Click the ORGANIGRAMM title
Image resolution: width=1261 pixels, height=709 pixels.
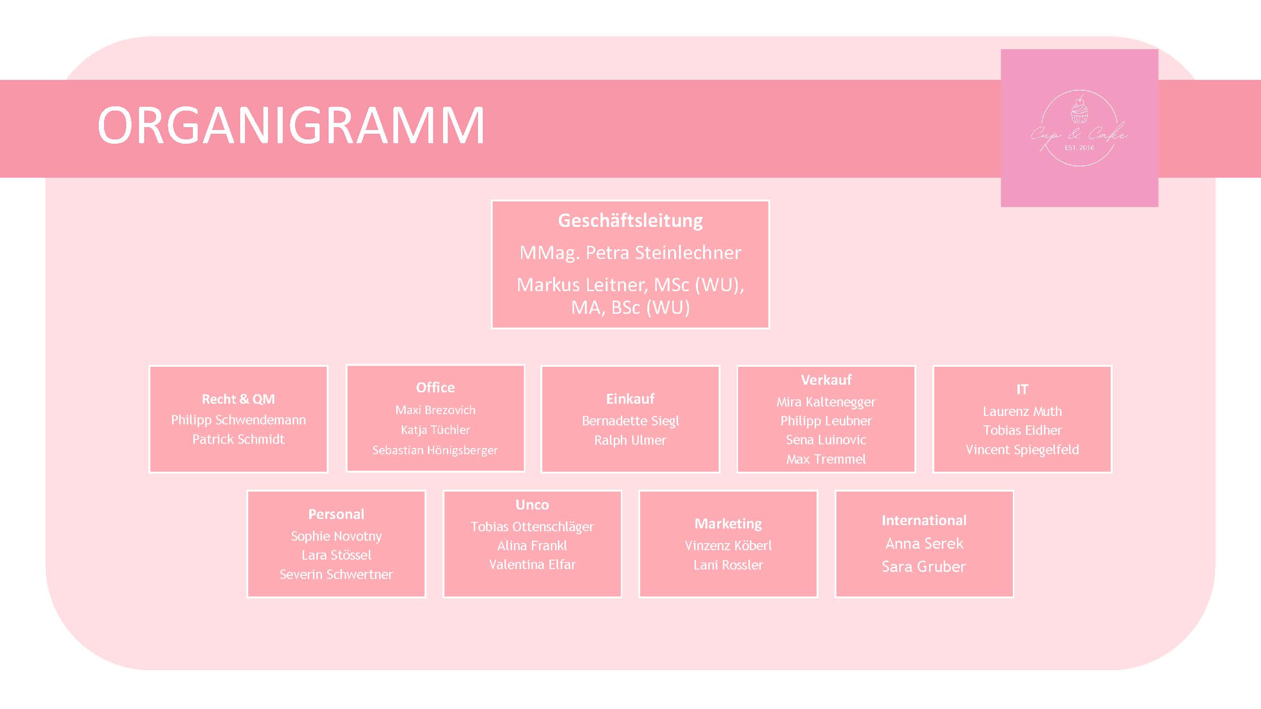click(291, 126)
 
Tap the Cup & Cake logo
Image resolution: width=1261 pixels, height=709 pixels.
click(1079, 128)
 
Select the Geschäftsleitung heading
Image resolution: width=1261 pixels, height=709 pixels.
click(630, 221)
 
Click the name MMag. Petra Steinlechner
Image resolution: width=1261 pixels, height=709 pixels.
click(630, 253)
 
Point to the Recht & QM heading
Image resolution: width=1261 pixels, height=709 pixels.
click(238, 399)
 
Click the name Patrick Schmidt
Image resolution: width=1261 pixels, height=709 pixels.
click(238, 440)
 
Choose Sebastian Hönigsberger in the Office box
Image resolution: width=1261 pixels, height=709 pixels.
click(435, 450)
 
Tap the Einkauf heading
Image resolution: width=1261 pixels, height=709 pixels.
click(630, 399)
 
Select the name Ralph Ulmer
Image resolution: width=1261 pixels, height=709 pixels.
click(630, 441)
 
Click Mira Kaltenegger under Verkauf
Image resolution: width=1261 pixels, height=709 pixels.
click(826, 402)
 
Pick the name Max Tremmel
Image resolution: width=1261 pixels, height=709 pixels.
click(826, 459)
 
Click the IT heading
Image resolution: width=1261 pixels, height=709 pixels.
click(1022, 389)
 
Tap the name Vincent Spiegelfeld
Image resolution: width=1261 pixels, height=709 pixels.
click(1022, 450)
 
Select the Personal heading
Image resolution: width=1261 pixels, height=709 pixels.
click(336, 514)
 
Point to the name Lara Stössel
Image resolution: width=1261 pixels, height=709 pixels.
click(336, 555)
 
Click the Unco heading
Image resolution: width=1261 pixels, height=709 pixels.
click(532, 505)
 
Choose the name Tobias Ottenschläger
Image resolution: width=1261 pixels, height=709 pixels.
click(532, 527)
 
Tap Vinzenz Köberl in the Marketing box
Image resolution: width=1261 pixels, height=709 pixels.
click(728, 545)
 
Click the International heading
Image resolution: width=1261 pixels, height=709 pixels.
click(924, 520)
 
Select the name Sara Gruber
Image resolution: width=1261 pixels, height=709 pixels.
click(924, 567)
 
